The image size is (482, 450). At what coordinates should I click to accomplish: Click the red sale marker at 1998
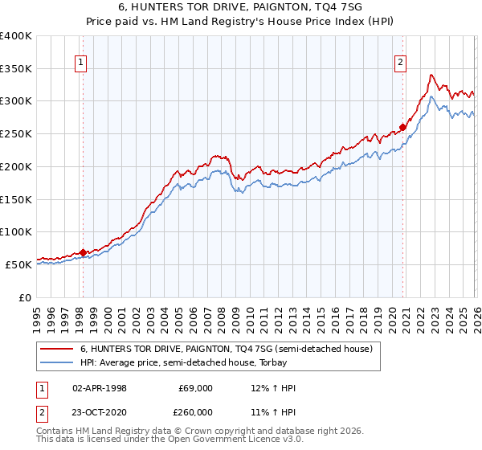pyautogui.click(x=83, y=252)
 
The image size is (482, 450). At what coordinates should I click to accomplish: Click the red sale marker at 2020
pyautogui.click(x=402, y=127)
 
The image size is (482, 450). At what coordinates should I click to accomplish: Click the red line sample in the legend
pyautogui.click(x=57, y=350)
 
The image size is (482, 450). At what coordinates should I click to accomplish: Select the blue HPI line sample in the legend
pyautogui.click(x=57, y=363)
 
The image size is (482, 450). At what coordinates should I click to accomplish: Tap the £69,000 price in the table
pyautogui.click(x=194, y=388)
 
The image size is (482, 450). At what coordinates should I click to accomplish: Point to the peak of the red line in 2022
pyautogui.click(x=431, y=75)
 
